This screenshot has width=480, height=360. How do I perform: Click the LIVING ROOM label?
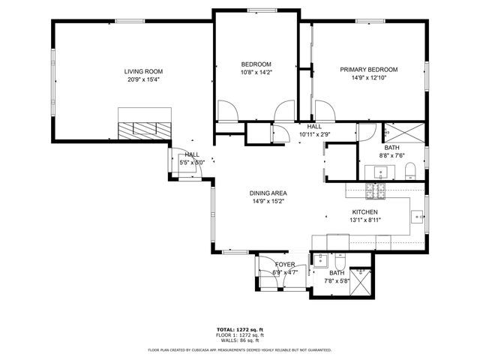[x=143, y=72]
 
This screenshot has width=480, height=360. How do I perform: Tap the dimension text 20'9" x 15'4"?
[x=143, y=79]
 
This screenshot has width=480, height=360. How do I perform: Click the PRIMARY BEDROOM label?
[x=368, y=70]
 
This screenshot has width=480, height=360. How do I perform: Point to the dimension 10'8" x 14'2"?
[x=256, y=73]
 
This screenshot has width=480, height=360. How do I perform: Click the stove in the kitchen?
[x=375, y=192]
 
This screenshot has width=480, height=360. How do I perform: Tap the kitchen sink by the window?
[x=417, y=218]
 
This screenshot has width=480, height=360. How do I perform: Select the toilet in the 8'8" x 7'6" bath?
[x=409, y=175]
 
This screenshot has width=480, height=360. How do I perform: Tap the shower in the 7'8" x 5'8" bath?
[x=363, y=281]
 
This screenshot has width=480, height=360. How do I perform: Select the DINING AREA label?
[x=268, y=193]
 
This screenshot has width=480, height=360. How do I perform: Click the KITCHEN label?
[x=364, y=212]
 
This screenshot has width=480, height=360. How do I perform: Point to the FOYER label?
[x=284, y=265]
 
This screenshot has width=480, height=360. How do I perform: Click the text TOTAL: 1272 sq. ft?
[x=239, y=329]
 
